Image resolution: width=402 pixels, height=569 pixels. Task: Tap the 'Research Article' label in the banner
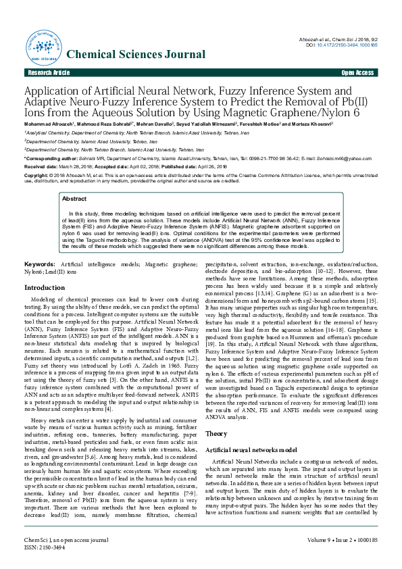(48, 72)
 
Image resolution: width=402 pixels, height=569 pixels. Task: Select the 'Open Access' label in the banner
(357, 72)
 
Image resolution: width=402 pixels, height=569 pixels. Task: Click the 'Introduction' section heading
(45, 287)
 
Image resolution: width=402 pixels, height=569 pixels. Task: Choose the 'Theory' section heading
(216, 414)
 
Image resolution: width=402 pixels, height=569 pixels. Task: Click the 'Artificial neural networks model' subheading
(251, 430)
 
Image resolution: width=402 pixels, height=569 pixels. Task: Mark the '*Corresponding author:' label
(51, 158)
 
